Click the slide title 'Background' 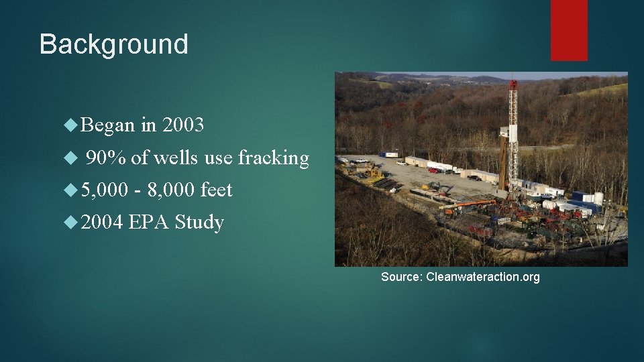pyautogui.click(x=113, y=44)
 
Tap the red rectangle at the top pyautogui.click(x=569, y=30)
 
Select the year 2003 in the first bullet pyautogui.click(x=183, y=125)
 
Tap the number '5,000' pyautogui.click(x=104, y=190)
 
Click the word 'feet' pyautogui.click(x=216, y=190)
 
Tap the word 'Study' pyautogui.click(x=199, y=222)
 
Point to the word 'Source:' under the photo pyautogui.click(x=401, y=277)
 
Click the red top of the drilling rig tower pyautogui.click(x=513, y=85)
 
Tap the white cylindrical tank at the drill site pyautogui.click(x=598, y=198)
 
